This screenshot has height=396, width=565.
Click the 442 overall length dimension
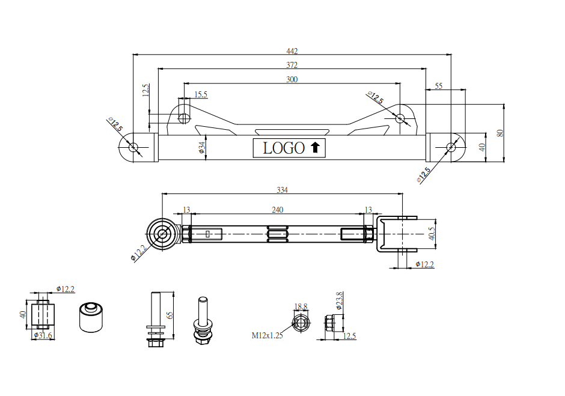tap(292, 51)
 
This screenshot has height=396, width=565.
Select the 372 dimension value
tap(292, 65)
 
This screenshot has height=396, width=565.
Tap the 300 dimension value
tap(292, 79)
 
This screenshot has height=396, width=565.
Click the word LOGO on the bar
tap(284, 147)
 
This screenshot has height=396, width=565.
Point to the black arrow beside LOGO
tap(315, 147)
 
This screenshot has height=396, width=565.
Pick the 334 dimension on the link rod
tap(282, 190)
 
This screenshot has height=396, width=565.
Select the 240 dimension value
tap(277, 210)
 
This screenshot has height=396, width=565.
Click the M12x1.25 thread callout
tap(267, 335)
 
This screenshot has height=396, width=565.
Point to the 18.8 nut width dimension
tap(301, 306)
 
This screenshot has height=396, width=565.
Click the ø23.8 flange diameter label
tap(339, 300)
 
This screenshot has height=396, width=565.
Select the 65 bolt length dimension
tap(170, 315)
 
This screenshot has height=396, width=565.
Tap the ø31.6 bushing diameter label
tap(43, 335)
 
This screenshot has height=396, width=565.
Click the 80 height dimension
tap(499, 133)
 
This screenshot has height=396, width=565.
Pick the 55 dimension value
tap(438, 86)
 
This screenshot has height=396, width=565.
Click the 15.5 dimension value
tap(201, 94)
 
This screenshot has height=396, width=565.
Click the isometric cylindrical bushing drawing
tap(92, 317)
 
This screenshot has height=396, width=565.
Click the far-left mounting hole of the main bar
tap(133, 147)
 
